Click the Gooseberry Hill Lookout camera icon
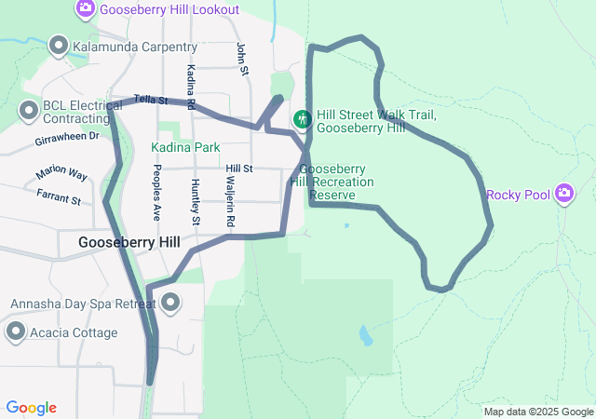85,8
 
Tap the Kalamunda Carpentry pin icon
59,46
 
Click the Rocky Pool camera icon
563,194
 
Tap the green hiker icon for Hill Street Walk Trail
302,119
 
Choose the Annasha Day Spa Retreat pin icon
170,303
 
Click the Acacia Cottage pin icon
15,331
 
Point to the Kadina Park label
185,147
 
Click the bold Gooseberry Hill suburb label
129,242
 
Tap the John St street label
242,58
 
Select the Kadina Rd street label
191,88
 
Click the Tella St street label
150,99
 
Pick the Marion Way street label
61,174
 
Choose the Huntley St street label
195,202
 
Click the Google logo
31,408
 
